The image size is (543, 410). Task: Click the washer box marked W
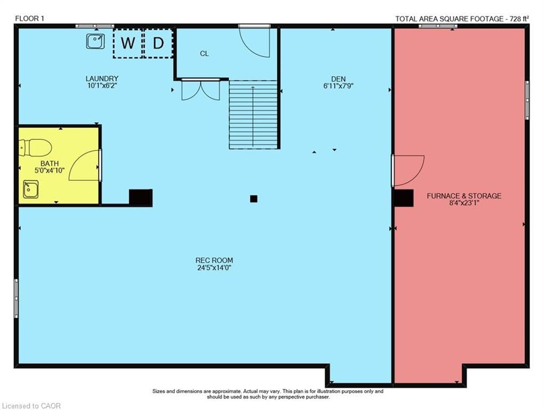[x=128, y=43]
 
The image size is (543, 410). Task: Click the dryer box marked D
[x=158, y=43]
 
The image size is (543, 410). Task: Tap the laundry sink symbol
[x=95, y=41]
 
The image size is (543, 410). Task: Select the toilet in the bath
[x=35, y=148]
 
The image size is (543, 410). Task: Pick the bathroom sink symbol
[x=31, y=190]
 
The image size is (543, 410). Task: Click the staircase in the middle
[x=253, y=115]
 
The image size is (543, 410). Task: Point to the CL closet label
[x=204, y=54]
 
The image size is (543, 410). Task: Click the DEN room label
[x=339, y=79]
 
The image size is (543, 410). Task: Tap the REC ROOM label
[x=214, y=261]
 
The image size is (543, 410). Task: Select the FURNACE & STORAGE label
[x=464, y=196]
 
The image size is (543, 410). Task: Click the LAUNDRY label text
[x=102, y=78]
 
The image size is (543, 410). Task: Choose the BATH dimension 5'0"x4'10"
[x=50, y=170]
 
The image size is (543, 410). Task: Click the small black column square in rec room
[x=254, y=199]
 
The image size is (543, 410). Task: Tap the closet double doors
[x=201, y=90]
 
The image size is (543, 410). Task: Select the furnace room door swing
[x=408, y=170]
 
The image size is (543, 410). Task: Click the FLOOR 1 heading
[x=29, y=19]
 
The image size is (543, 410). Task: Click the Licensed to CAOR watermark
[x=31, y=406]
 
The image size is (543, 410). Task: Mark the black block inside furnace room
[x=404, y=198]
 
